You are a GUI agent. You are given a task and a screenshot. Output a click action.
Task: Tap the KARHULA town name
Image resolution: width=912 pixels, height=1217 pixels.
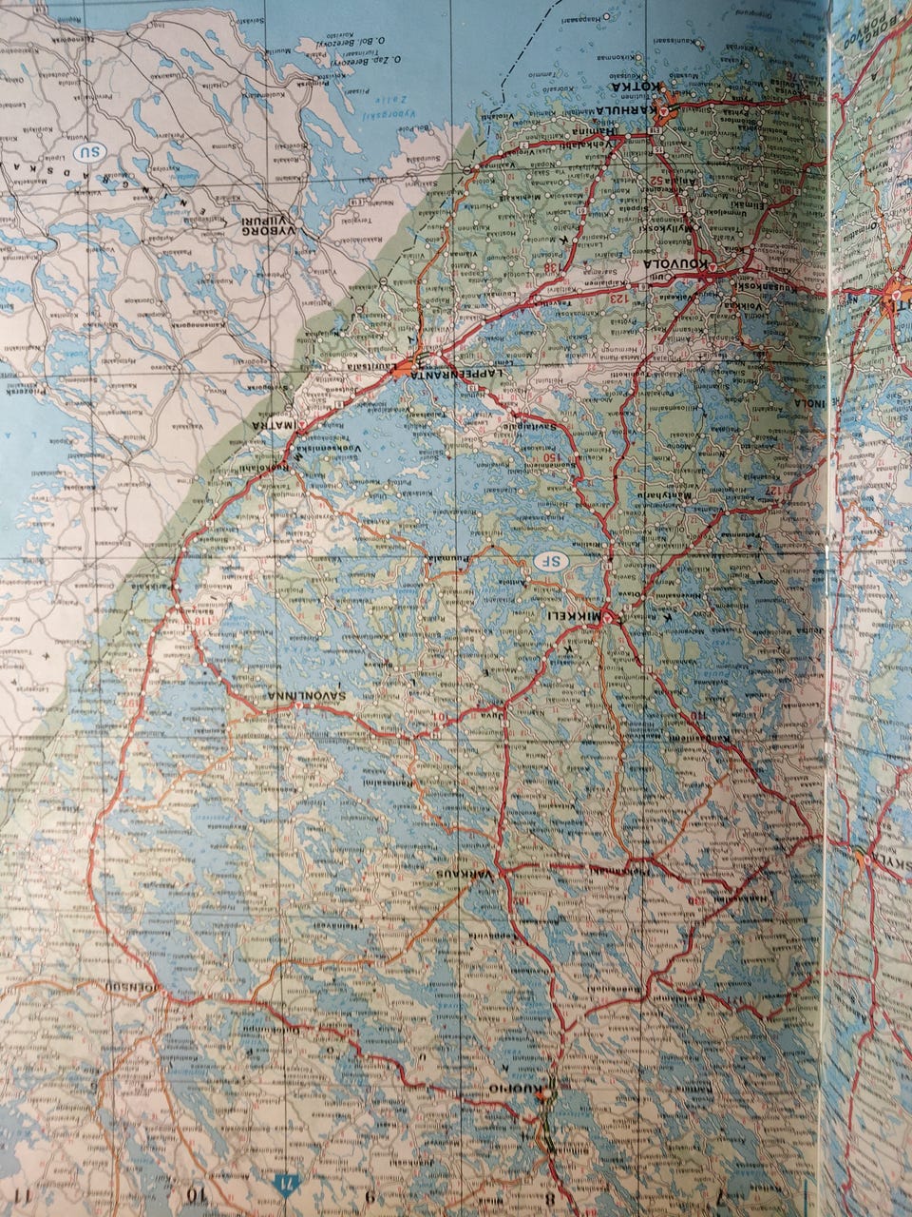[x=636, y=109]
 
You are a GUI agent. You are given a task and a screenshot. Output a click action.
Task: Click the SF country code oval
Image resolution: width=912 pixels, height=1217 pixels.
[x=548, y=560]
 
